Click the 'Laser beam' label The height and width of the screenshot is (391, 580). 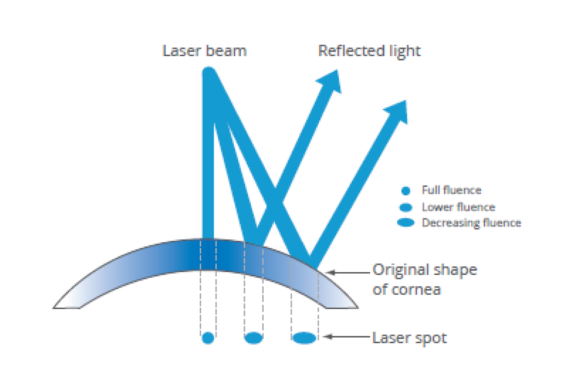[x=204, y=51]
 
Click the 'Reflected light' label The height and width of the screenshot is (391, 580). [x=370, y=52]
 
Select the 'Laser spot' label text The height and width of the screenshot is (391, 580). [x=410, y=338]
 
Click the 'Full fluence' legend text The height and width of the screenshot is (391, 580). [x=452, y=190]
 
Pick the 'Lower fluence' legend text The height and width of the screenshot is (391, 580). [x=458, y=207]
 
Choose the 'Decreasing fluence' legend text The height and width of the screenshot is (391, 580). [x=471, y=223]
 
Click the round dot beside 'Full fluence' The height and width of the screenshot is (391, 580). [x=406, y=191]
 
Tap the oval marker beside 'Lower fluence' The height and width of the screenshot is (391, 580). [x=406, y=207]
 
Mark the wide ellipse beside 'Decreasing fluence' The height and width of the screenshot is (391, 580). [x=406, y=222]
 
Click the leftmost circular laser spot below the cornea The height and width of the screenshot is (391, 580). [x=208, y=338]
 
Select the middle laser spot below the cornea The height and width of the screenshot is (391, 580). [x=254, y=338]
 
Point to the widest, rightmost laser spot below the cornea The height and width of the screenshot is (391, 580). [x=305, y=338]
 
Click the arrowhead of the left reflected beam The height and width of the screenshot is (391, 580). [x=331, y=80]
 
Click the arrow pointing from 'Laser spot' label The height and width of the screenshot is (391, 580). [x=347, y=337]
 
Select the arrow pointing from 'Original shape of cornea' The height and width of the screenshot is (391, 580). [x=348, y=272]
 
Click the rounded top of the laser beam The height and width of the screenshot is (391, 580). [x=209, y=70]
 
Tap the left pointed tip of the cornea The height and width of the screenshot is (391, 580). [x=53, y=308]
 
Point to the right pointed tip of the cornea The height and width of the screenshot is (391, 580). [x=358, y=308]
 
